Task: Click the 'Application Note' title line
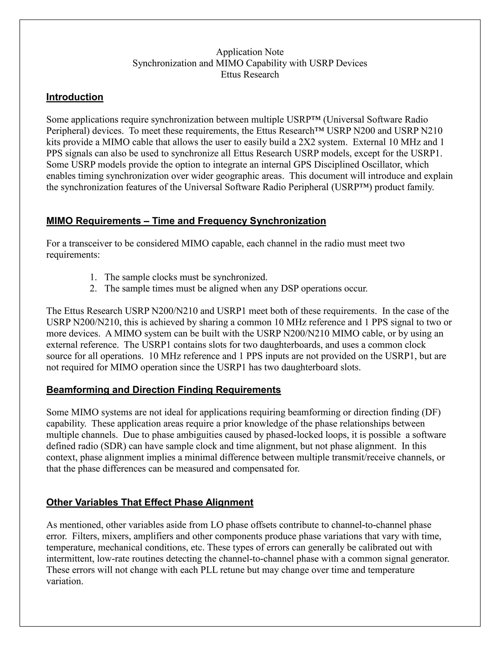250,52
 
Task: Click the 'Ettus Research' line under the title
250,75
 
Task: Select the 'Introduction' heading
75,97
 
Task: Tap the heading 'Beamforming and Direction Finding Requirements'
164,390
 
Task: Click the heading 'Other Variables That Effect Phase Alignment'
150,502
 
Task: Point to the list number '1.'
93,277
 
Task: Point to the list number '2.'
93,288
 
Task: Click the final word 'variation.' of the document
64,581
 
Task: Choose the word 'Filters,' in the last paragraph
84,536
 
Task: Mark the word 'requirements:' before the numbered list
73,255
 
